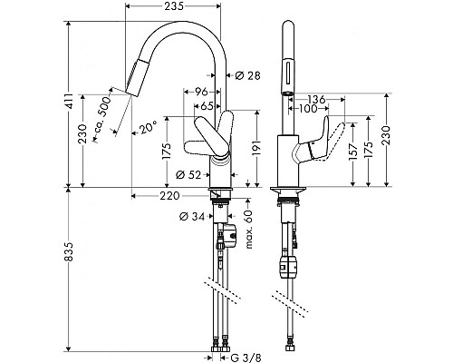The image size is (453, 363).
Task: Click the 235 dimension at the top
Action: click(x=174, y=5)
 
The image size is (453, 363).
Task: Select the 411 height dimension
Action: click(x=69, y=101)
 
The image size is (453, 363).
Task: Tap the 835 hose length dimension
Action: click(x=69, y=251)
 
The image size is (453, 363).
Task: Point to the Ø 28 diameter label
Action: click(x=247, y=75)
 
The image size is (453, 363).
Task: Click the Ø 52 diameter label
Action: click(x=188, y=174)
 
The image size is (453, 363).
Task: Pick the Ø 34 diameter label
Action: click(x=192, y=216)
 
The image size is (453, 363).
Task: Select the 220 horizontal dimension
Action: click(x=169, y=196)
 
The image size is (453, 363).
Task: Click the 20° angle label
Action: click(x=148, y=128)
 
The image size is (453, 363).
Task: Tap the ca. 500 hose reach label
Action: click(x=102, y=115)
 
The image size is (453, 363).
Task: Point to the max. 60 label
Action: click(x=249, y=229)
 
